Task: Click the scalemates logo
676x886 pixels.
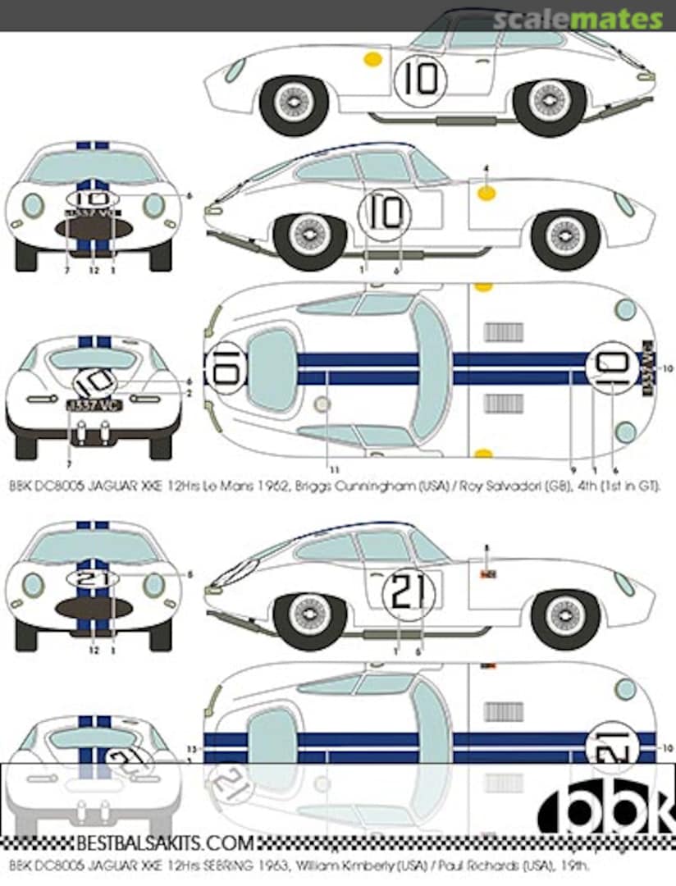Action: [x=578, y=18]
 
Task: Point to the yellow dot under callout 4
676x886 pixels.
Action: [x=486, y=194]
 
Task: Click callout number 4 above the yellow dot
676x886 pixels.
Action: [x=486, y=168]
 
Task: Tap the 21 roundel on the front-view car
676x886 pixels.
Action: [x=93, y=578]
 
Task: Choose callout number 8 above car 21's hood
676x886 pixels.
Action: [x=486, y=547]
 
